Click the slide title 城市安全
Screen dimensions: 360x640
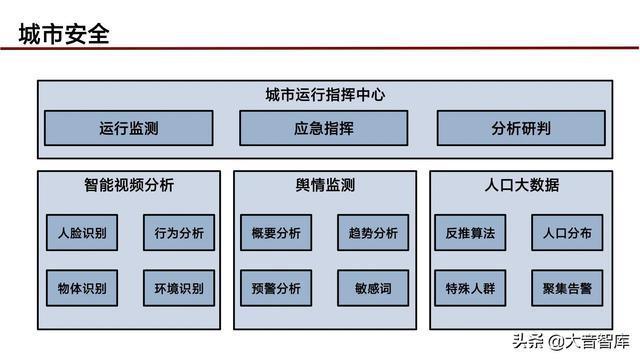click(x=63, y=35)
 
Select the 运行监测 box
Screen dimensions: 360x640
click(x=129, y=128)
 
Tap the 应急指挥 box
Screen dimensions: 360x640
click(x=324, y=128)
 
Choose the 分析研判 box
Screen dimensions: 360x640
click(x=521, y=128)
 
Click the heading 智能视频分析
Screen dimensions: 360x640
click(x=129, y=185)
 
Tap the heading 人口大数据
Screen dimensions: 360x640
click(x=521, y=185)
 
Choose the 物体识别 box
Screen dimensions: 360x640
click(x=82, y=289)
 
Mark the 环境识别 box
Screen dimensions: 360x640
click(x=179, y=289)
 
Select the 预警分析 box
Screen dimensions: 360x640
click(x=276, y=289)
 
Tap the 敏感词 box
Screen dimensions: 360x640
click(x=373, y=289)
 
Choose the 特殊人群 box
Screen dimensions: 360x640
click(x=470, y=289)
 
